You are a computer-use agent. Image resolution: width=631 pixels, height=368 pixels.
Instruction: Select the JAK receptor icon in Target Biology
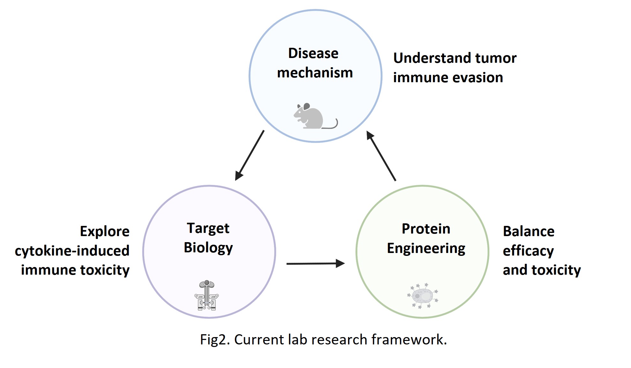pyautogui.click(x=207, y=295)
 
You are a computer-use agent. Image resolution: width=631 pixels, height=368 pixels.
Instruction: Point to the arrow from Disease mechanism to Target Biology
pyautogui.click(x=249, y=155)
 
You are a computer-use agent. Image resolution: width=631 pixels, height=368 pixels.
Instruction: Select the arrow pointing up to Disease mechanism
pyautogui.click(x=381, y=156)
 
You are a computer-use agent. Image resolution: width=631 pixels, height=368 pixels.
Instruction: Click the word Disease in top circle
pyautogui.click(x=313, y=53)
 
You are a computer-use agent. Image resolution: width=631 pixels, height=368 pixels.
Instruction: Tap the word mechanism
pyautogui.click(x=315, y=73)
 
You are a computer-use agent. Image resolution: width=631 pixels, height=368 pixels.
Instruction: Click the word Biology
pyautogui.click(x=208, y=248)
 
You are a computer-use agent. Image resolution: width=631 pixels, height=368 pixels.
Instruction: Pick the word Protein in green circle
pyautogui.click(x=426, y=229)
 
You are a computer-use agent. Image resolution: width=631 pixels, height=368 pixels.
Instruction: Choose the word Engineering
pyautogui.click(x=426, y=249)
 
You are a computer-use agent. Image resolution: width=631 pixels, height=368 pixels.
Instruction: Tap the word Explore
pyautogui.click(x=105, y=231)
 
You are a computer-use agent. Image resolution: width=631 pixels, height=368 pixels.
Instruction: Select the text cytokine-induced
pyautogui.click(x=72, y=251)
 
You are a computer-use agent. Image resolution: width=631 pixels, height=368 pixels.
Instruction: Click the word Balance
pyautogui.click(x=529, y=231)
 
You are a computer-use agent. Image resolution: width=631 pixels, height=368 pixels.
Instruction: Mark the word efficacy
pyautogui.click(x=528, y=251)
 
